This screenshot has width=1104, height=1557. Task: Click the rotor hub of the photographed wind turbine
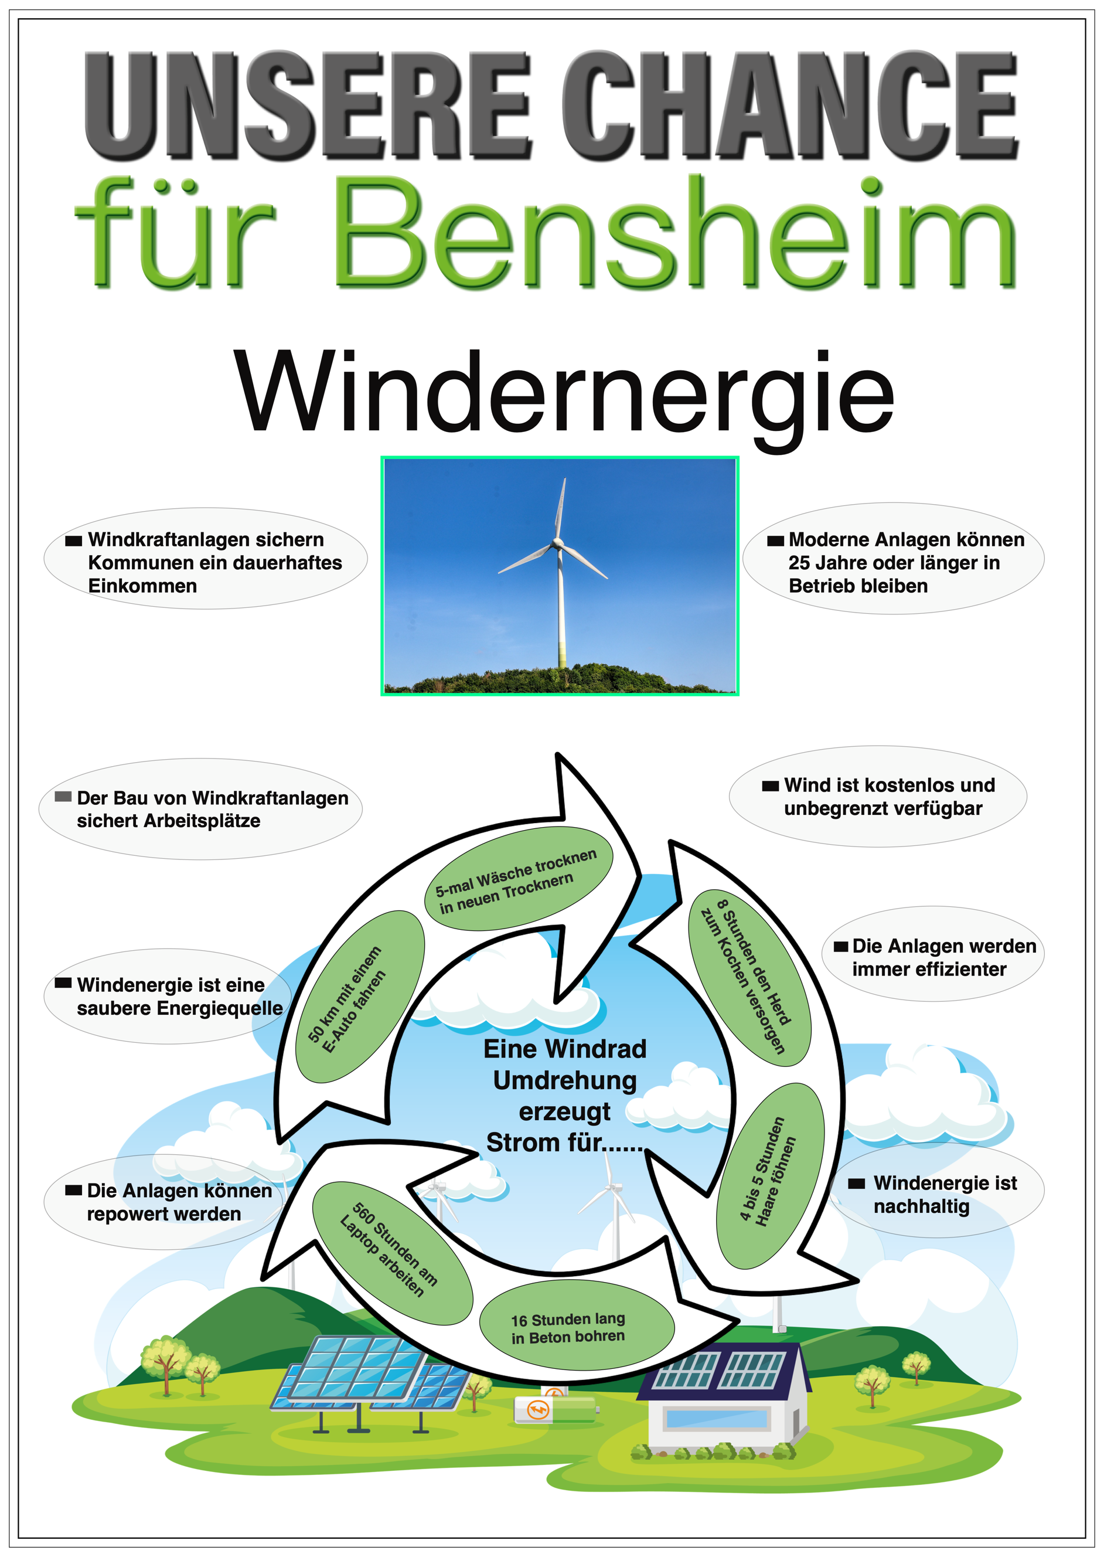click(558, 543)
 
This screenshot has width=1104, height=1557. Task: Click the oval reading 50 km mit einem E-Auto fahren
click(360, 996)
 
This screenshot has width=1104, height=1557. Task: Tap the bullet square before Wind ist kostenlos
click(770, 786)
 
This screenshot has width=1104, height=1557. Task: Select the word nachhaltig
click(921, 1207)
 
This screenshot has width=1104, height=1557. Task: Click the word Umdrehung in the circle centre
click(564, 1080)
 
